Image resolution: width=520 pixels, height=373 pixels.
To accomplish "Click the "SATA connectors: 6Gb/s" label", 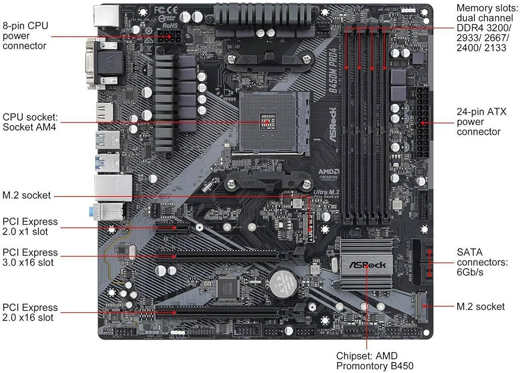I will (x=481, y=262).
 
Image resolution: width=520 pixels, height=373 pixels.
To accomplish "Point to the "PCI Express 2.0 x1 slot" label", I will (x=30, y=227).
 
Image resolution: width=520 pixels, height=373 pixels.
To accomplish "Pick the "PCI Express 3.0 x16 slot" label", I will (x=30, y=258).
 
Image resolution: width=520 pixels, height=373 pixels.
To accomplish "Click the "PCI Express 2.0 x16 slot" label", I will (x=30, y=312).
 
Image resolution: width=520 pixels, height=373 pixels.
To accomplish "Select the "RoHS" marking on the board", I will (x=170, y=24).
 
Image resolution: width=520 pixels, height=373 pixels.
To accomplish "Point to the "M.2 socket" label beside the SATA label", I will (x=480, y=307).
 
